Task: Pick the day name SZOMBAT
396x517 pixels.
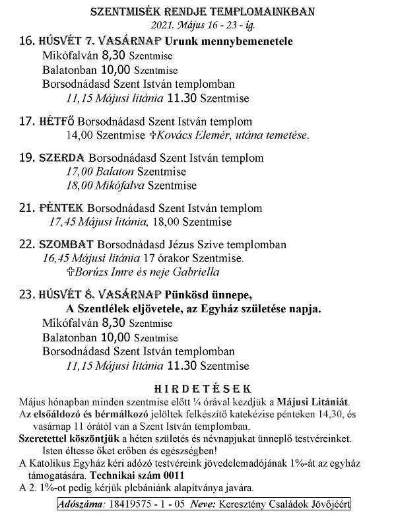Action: pyautogui.click(x=66, y=244)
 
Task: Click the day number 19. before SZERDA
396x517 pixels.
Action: pyautogui.click(x=26, y=158)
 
